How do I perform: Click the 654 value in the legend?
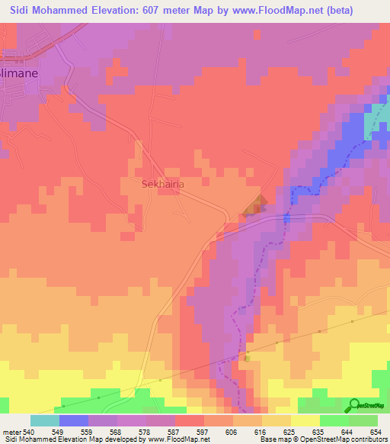(375, 432)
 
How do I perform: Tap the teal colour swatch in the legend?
(44, 420)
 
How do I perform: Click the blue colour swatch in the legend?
(73, 420)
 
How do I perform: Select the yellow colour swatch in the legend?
(305, 420)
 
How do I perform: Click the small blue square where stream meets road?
(286, 218)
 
